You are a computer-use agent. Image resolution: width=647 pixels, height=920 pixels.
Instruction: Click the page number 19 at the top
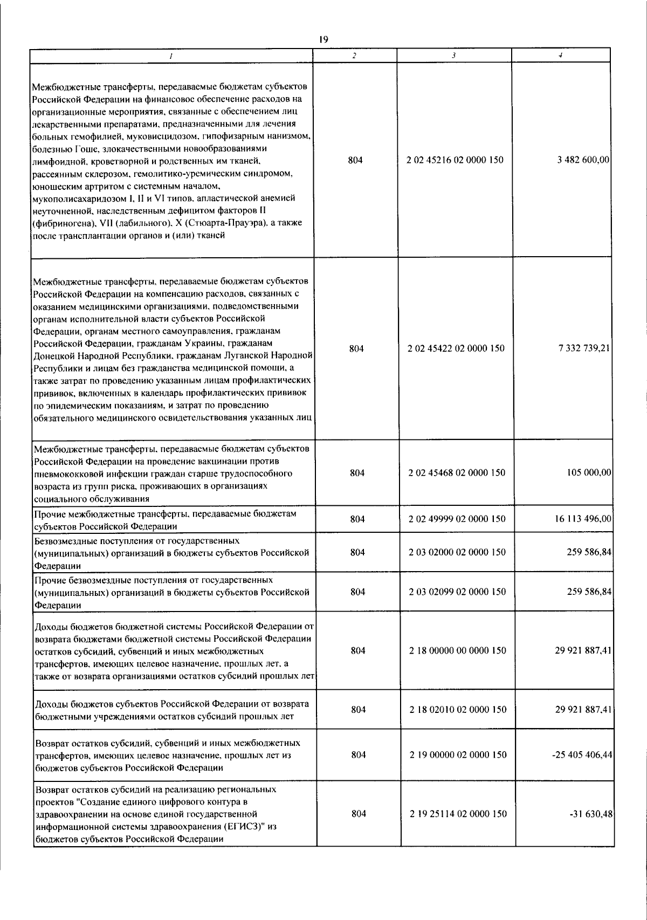[x=323, y=39]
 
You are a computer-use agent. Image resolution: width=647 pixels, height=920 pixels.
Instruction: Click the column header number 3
[x=454, y=56]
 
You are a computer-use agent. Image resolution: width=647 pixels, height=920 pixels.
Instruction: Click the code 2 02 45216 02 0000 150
[x=457, y=160]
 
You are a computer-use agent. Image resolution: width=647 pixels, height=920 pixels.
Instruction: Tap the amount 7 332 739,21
[x=584, y=348]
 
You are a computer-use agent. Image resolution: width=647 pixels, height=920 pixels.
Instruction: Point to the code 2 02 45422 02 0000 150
[x=457, y=348]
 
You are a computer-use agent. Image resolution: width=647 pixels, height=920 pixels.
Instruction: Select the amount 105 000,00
[x=590, y=472]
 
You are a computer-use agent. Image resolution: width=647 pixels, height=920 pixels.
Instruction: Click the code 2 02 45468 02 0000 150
[x=457, y=472]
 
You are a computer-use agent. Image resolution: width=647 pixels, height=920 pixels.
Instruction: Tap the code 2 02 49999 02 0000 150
[x=457, y=519]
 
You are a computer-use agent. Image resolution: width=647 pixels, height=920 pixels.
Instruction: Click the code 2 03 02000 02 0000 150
[x=457, y=552]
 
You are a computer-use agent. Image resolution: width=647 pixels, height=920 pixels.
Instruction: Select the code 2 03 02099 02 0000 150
[x=457, y=592]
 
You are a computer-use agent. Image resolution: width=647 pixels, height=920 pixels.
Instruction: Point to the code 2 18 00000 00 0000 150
[x=457, y=650]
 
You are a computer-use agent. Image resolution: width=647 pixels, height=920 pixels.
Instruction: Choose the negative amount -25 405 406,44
[x=582, y=755]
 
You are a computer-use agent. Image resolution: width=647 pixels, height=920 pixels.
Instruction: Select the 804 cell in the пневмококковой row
[x=357, y=472]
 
